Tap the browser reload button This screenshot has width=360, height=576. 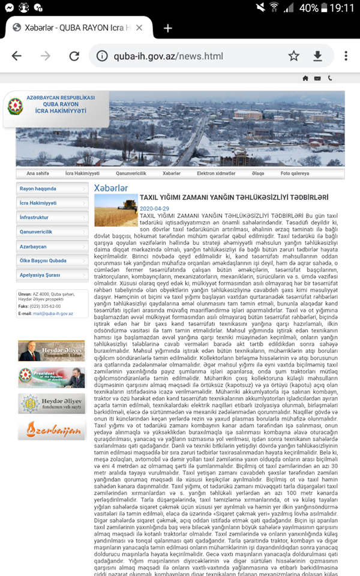pos(74,56)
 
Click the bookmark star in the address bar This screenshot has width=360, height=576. pos(293,56)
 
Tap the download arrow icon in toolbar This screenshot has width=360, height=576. pos(318,56)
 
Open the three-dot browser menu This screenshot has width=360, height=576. pos(346,56)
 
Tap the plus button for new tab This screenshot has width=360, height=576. pos(168,28)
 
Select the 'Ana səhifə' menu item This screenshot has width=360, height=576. pos(38,173)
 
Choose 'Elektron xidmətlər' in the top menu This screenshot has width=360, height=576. pos(216,173)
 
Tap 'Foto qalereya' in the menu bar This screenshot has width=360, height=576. pos(295,173)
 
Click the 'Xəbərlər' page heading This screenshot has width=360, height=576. pos(111,188)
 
